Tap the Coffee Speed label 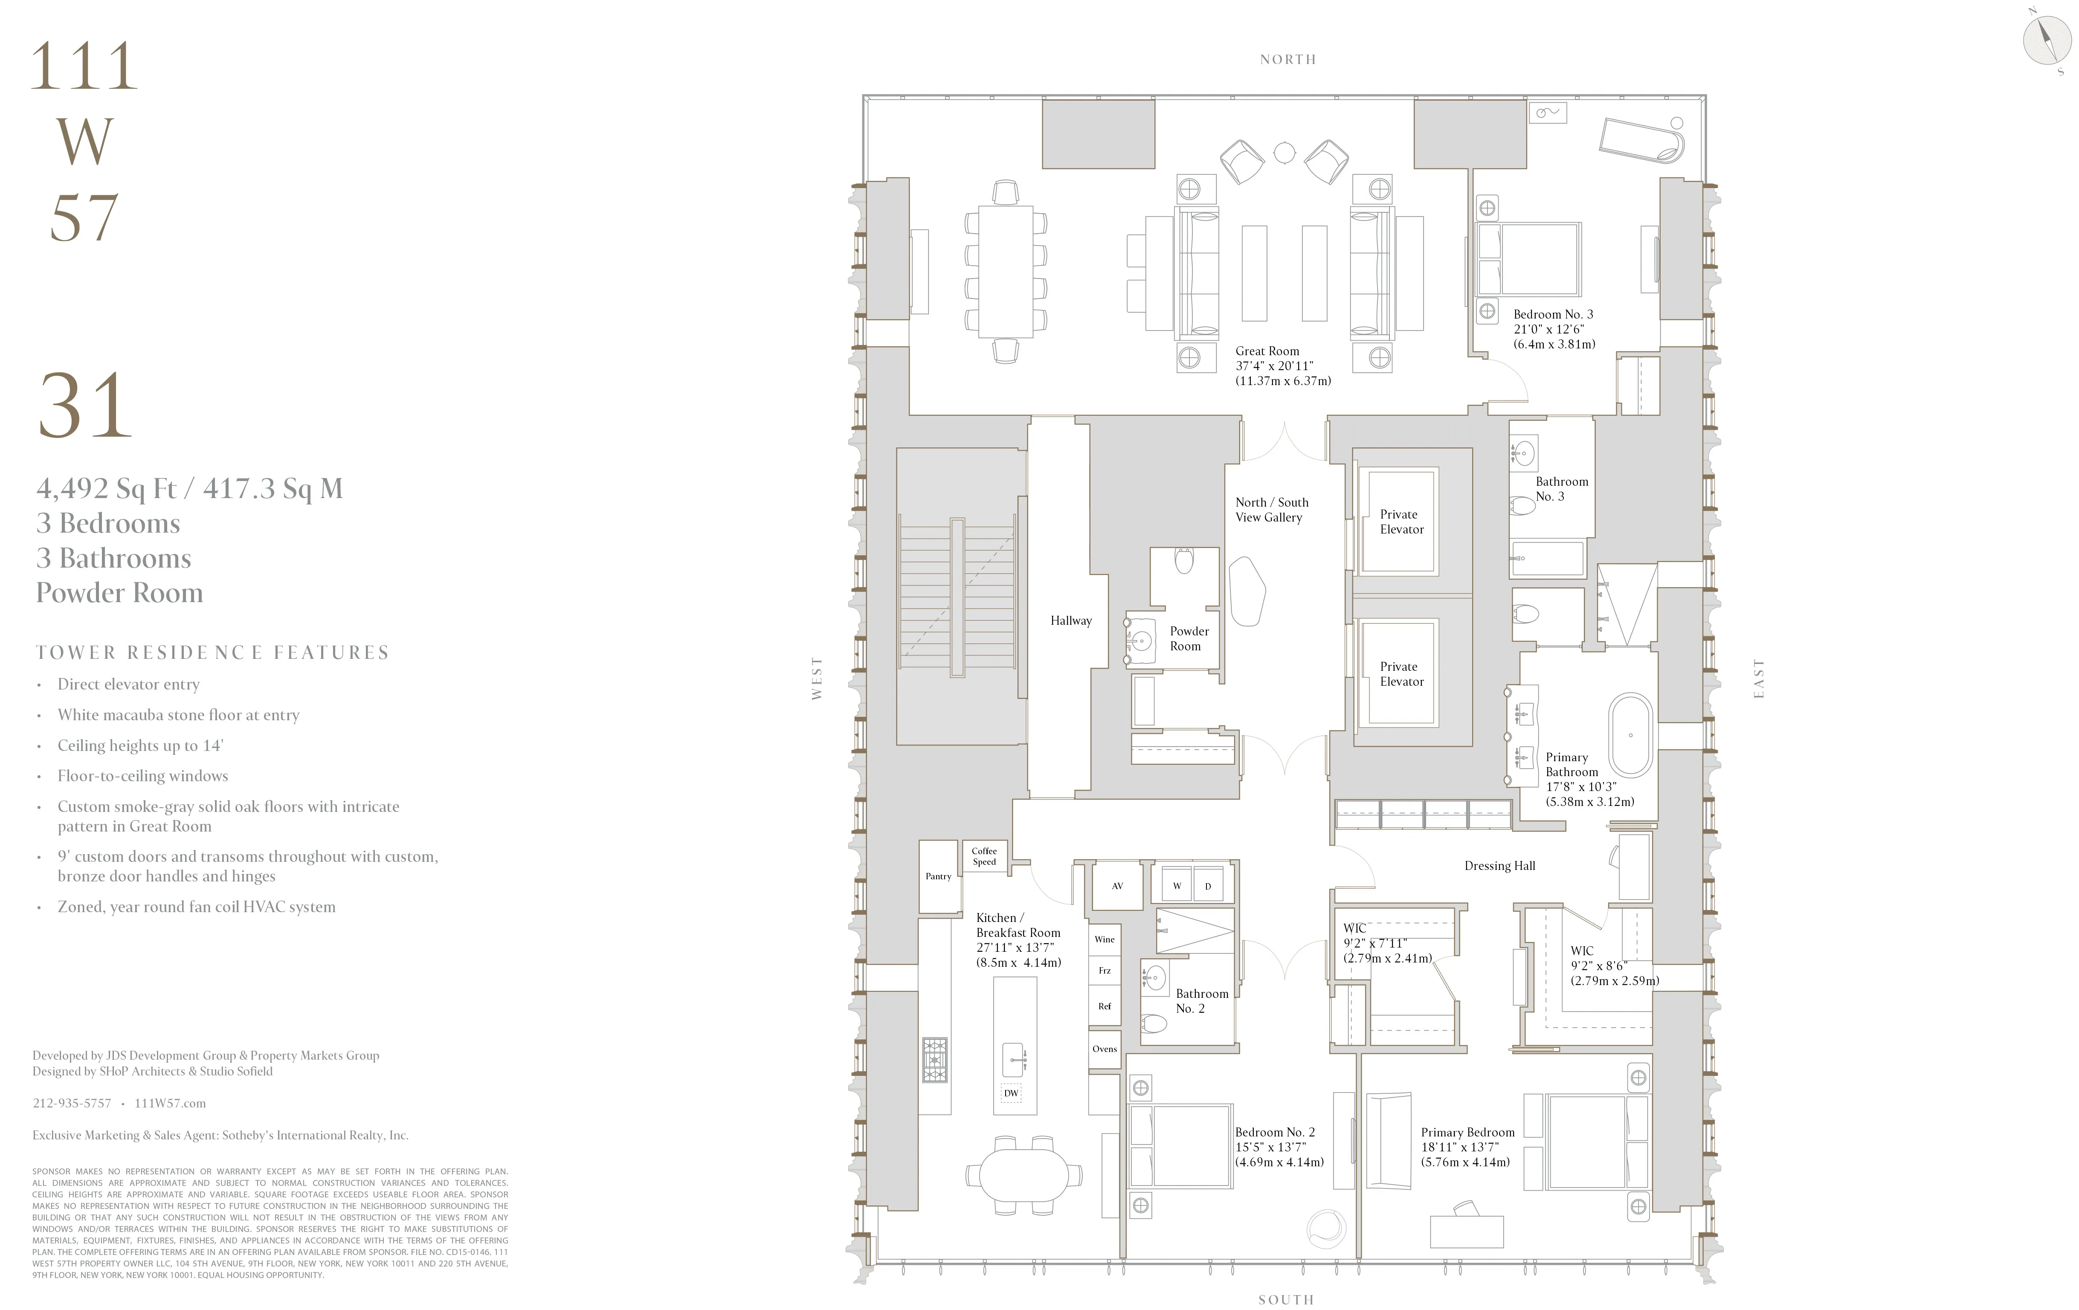984,856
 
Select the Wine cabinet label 1104,939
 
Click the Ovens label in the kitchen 1104,1049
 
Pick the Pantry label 939,875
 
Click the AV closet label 1117,886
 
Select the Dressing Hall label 1500,866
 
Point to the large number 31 84,406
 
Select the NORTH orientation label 1287,60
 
